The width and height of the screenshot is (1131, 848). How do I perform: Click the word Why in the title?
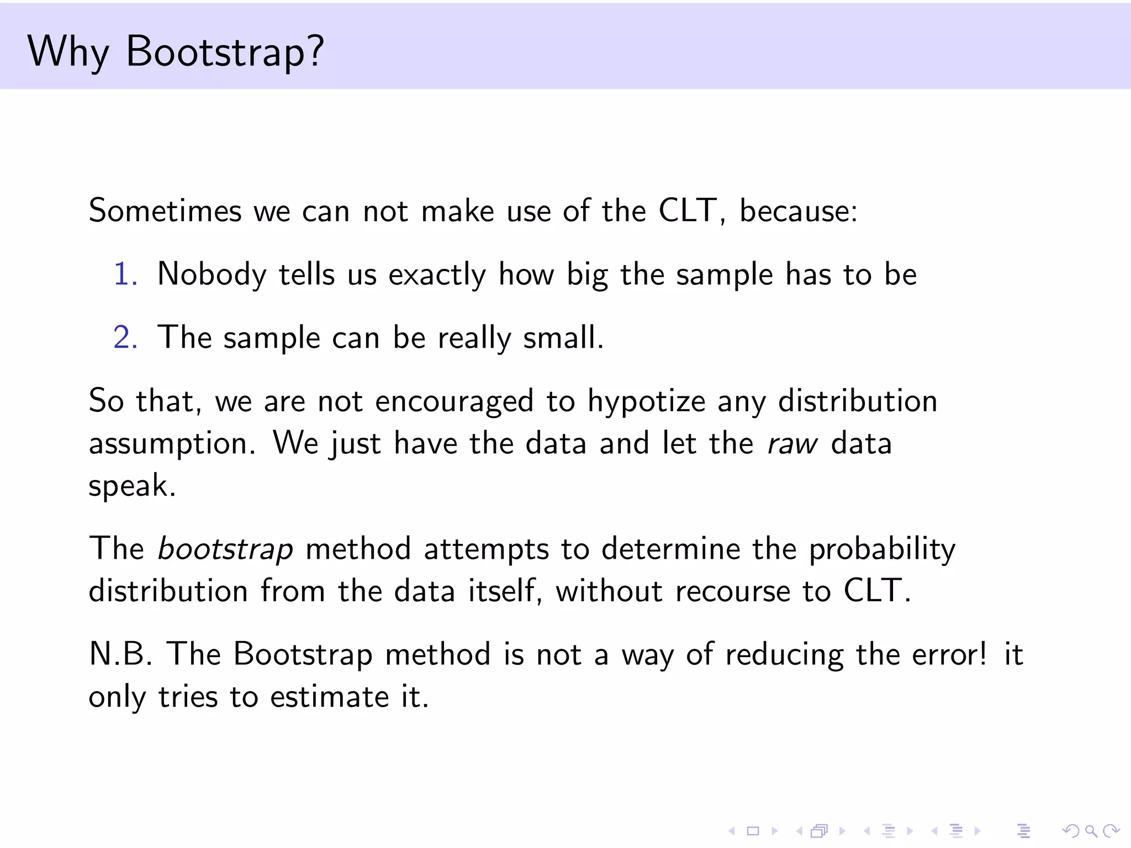coord(68,51)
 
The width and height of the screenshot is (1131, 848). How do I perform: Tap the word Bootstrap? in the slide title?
coord(225,51)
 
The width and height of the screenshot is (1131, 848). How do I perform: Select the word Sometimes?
coord(165,211)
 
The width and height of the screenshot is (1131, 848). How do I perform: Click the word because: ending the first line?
coord(799,211)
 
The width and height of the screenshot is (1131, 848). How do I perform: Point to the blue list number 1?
coord(125,274)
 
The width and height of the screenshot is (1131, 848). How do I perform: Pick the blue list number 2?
coord(125,337)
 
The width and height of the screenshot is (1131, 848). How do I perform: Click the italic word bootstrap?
coord(225,549)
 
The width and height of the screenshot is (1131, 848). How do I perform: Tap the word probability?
coord(882,550)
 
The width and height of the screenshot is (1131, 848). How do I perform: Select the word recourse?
coord(733,591)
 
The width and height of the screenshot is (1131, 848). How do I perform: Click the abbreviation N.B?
coord(120,654)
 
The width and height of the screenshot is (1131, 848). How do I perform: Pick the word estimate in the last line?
coord(330,697)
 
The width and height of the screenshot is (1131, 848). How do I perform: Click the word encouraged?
coord(454,402)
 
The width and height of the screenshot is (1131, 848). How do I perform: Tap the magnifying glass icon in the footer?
coord(1090,830)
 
